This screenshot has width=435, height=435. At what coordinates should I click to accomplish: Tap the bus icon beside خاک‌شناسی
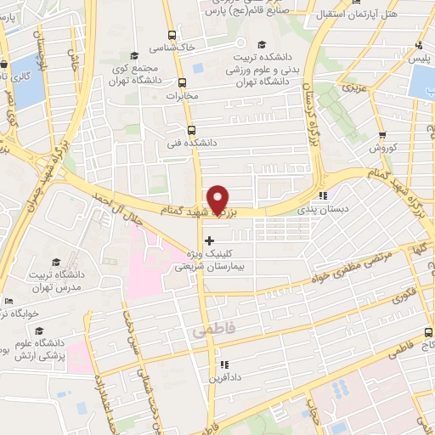(x=172, y=36)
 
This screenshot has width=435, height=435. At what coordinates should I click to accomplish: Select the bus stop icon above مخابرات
(x=182, y=82)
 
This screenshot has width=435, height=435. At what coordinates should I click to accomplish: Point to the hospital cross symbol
(x=210, y=240)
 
